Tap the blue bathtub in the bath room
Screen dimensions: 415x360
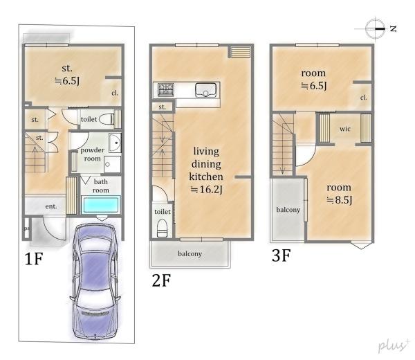(101, 204)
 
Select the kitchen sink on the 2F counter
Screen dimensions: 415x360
(205, 90)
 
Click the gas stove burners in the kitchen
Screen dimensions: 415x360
(166, 89)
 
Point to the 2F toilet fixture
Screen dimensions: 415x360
(162, 228)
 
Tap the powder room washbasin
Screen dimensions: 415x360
(115, 143)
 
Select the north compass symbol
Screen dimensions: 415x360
(376, 28)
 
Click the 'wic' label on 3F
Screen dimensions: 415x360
(345, 129)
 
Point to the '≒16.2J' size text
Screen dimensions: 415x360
(206, 190)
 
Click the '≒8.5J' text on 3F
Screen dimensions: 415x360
(340, 200)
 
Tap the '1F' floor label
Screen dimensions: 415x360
(34, 259)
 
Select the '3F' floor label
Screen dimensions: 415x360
(281, 255)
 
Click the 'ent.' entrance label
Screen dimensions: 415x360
(51, 206)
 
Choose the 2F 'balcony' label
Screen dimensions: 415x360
(190, 253)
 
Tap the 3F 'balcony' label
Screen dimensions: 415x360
(288, 210)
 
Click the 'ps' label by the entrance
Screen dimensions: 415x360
(27, 228)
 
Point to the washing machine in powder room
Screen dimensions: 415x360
(112, 164)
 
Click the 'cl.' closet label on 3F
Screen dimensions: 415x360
(364, 98)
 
